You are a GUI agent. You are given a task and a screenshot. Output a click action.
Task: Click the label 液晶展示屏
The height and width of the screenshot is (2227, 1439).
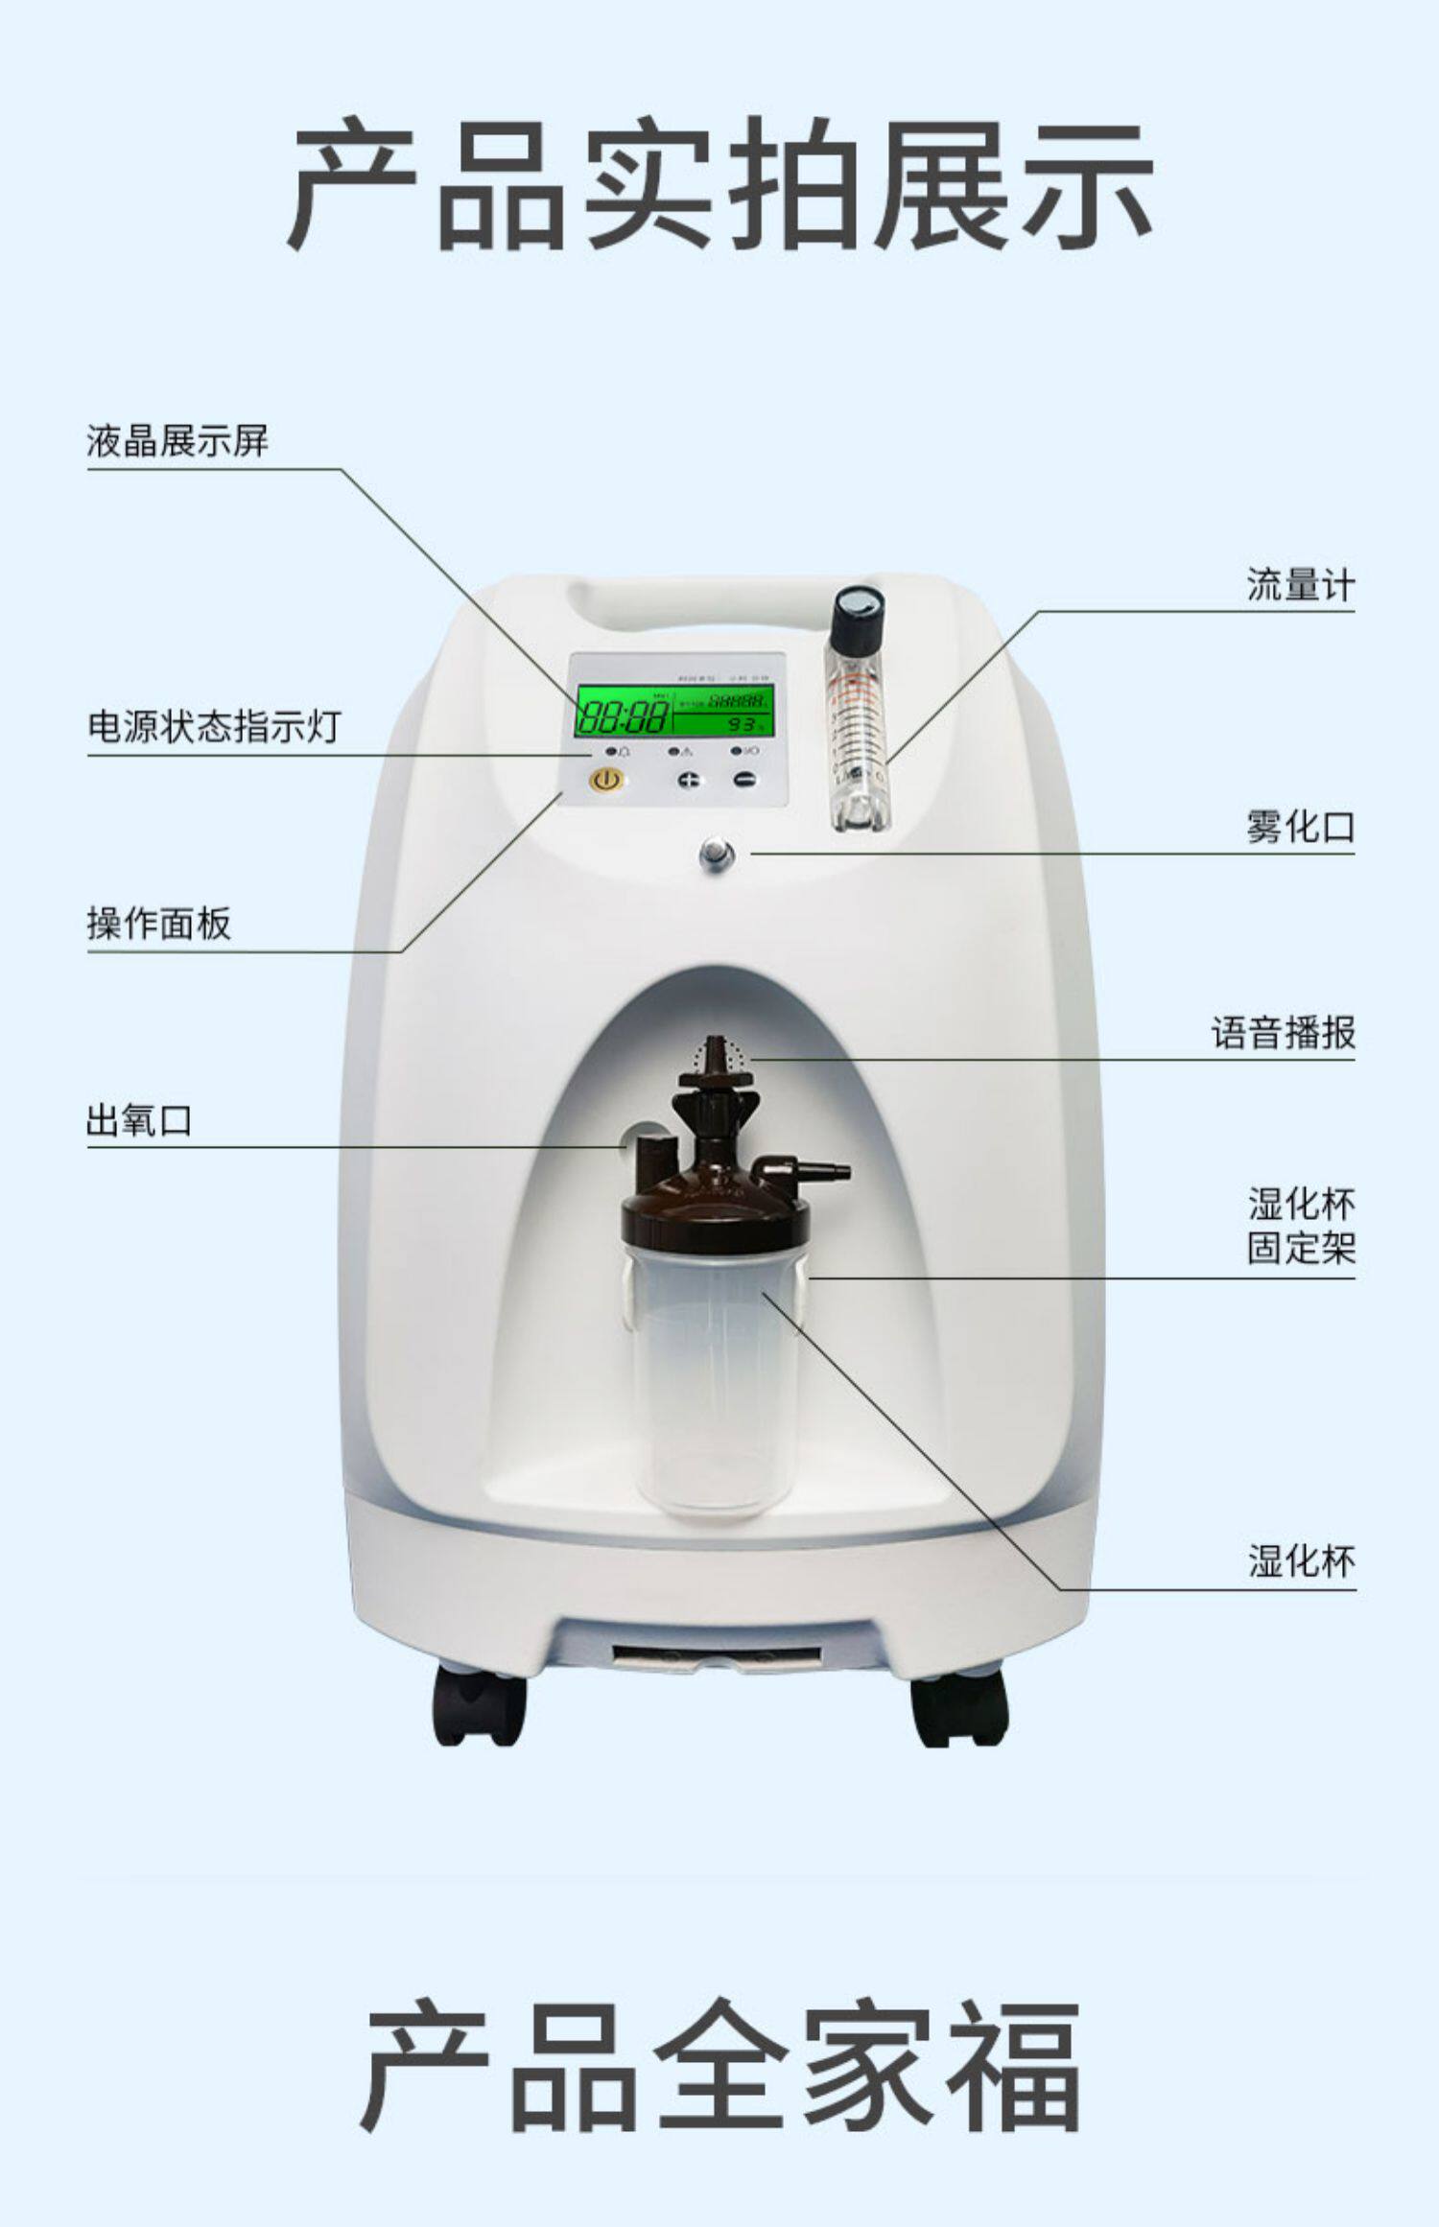177,441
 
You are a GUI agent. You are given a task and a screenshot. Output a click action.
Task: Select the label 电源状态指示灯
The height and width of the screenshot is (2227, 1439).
214,726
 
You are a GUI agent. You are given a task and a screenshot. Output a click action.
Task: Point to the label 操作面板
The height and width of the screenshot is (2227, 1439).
159,924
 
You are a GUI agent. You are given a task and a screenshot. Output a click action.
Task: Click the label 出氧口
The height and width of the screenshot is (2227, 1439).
139,1119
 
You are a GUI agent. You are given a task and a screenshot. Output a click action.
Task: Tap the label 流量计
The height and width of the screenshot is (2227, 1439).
1300,584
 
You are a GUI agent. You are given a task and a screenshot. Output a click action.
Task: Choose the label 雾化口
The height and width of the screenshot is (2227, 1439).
1300,826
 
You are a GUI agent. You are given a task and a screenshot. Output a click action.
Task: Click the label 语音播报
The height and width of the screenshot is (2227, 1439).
1283,1033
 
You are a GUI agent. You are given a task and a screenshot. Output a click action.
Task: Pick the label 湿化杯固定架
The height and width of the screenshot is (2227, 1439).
1301,1227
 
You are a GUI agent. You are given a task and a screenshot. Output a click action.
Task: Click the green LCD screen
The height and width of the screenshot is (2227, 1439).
673,711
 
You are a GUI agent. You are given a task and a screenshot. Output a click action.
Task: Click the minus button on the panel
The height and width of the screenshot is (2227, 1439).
744,780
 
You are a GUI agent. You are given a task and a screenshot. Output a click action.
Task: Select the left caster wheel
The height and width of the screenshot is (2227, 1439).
479,1708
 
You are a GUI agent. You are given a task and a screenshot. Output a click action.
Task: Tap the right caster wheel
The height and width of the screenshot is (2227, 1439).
959,1708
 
